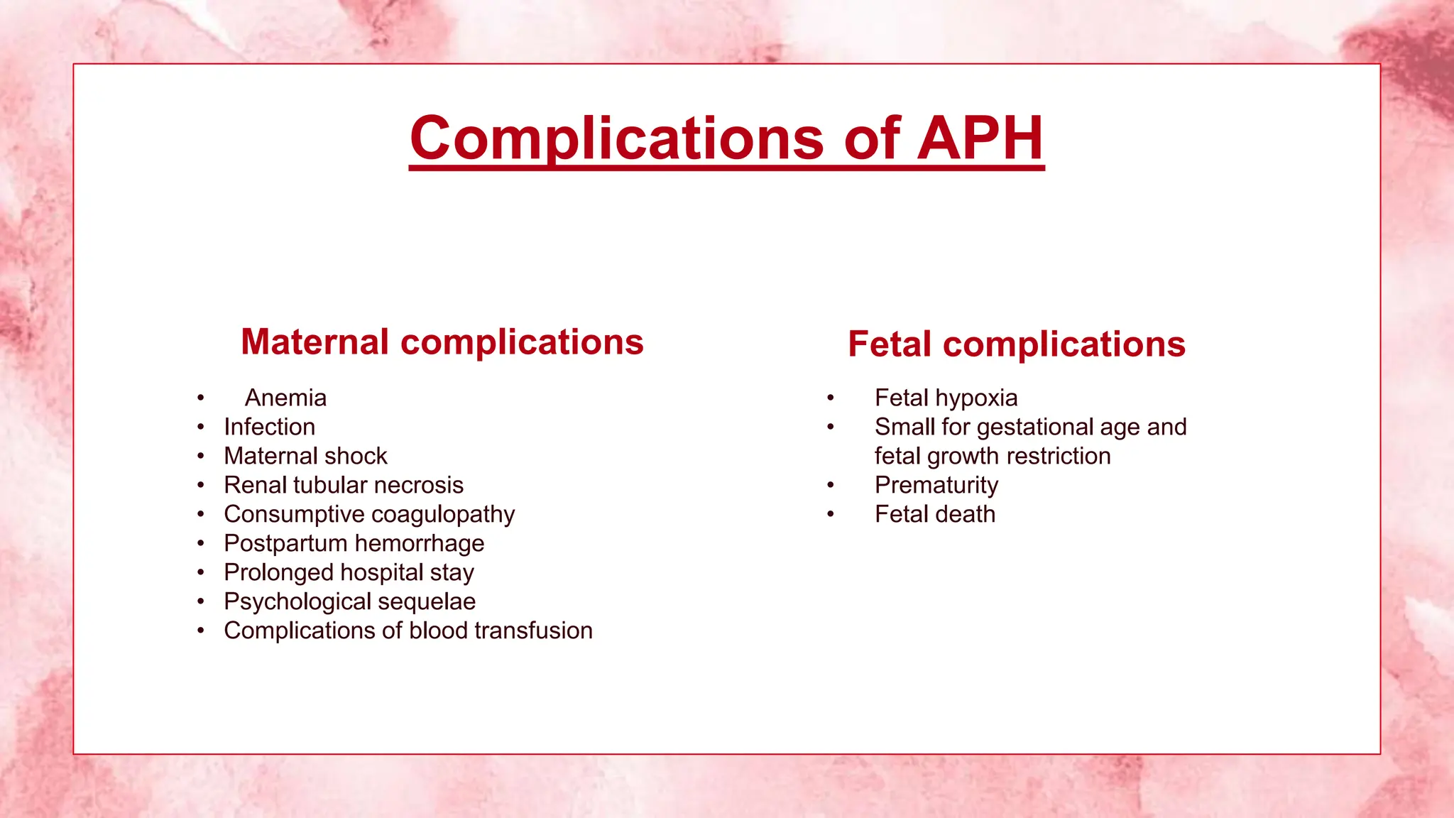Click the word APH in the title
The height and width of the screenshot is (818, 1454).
point(980,138)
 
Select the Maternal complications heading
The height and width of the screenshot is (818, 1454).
point(442,342)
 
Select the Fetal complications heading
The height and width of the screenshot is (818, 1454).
point(1017,344)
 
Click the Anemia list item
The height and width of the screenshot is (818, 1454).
point(285,398)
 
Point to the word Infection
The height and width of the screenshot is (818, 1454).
point(270,427)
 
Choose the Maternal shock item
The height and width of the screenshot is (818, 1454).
point(305,456)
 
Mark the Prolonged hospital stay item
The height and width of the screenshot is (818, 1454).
point(349,572)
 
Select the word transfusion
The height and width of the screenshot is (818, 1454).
point(533,631)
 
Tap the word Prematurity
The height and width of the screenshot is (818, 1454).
point(936,485)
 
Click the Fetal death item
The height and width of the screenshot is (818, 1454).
point(935,514)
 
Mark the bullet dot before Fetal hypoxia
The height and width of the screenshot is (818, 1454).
point(830,398)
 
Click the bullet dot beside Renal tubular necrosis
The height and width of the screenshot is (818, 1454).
point(201,485)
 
